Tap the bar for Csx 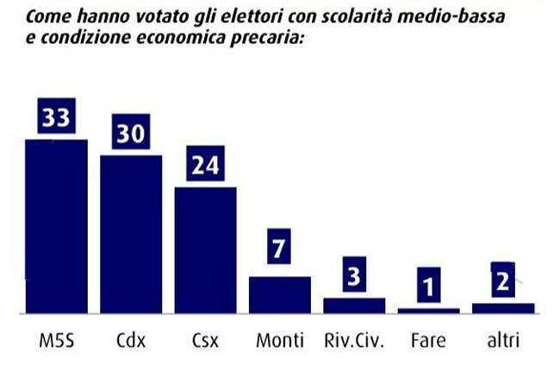pos(205,249)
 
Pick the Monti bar pos(280,294)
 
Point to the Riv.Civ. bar pos(354,305)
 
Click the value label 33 pos(57,118)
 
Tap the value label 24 pos(205,165)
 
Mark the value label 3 pos(354,276)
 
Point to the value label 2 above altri pos(503,281)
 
